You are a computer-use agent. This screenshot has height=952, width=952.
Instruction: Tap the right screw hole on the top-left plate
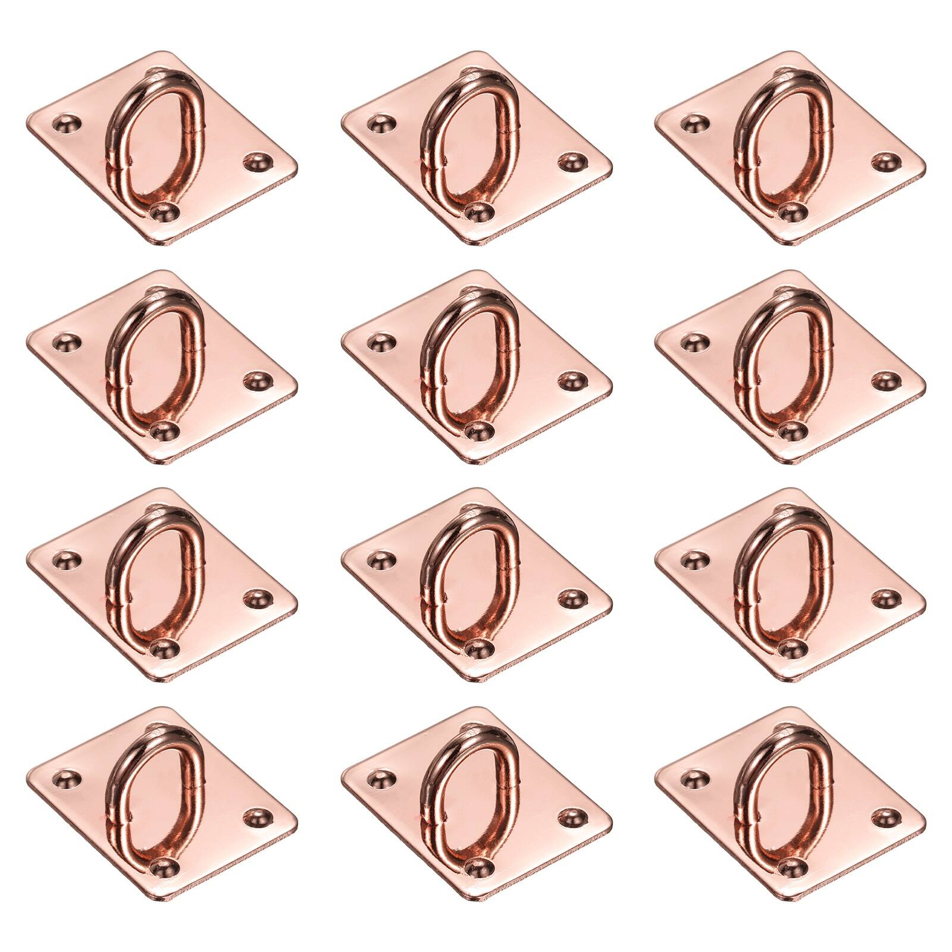click(258, 161)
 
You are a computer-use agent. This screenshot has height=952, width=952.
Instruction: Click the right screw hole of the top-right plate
click(886, 161)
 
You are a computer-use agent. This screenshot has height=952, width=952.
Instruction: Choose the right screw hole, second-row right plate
click(886, 380)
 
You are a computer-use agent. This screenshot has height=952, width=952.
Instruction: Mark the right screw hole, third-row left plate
click(258, 597)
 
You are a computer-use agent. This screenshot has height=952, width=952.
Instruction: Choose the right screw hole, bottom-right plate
click(886, 816)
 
